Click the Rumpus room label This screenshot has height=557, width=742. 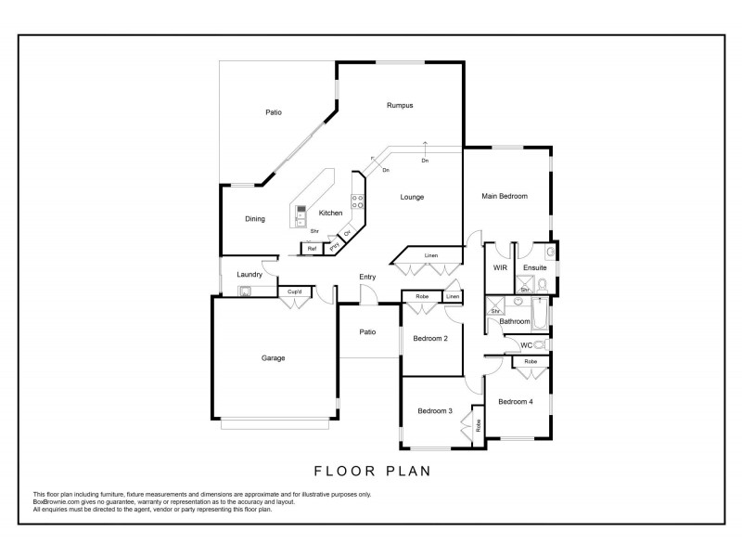[400, 107]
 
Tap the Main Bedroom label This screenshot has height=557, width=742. [505, 196]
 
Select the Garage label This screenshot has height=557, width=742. [273, 357]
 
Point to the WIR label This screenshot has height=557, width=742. [499, 268]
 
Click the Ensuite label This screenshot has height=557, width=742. [534, 268]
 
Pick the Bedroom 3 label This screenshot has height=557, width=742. [434, 411]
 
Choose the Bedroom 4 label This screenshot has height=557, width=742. [515, 401]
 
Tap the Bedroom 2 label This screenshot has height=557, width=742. [430, 339]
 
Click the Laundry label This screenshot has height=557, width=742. [249, 275]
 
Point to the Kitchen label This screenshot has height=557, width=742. [331, 214]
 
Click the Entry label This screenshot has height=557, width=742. [368, 278]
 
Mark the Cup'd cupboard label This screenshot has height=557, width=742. [294, 291]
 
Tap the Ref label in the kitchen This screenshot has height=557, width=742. [312, 248]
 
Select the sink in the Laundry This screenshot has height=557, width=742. [245, 291]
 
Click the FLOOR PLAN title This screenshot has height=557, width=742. [373, 471]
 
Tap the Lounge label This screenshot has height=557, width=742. [412, 197]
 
